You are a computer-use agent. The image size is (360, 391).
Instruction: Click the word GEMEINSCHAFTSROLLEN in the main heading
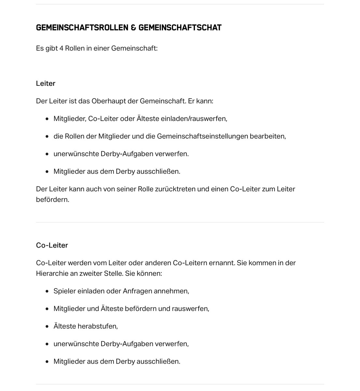click(x=82, y=28)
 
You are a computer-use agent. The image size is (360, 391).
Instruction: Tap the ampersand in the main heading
click(x=133, y=28)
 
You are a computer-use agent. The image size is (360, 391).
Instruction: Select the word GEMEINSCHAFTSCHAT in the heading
click(x=180, y=28)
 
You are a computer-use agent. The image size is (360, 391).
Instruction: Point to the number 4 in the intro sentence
click(x=61, y=49)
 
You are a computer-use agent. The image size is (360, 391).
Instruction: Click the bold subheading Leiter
click(x=46, y=83)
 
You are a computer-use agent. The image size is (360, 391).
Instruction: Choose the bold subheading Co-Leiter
click(x=52, y=245)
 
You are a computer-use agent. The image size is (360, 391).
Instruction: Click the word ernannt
click(x=222, y=263)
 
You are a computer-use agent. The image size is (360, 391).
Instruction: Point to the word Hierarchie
click(x=52, y=273)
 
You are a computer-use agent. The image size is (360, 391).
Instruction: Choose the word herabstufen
click(x=97, y=326)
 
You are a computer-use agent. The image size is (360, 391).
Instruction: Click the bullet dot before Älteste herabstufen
click(x=47, y=326)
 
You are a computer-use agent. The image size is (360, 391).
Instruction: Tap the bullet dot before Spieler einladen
click(x=47, y=291)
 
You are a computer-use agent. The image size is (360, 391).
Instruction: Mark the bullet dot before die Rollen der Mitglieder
click(x=47, y=137)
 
